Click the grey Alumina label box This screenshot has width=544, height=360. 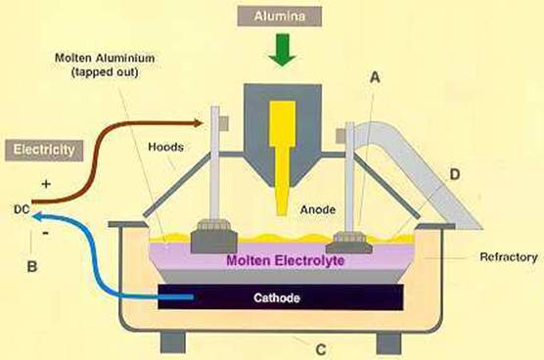click(x=279, y=17)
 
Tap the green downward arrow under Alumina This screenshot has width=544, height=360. click(x=283, y=50)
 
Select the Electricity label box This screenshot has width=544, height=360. click(x=44, y=151)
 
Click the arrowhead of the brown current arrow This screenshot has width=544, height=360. click(x=198, y=123)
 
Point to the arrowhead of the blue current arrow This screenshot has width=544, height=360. click(x=37, y=217)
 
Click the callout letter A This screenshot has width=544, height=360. click(x=375, y=77)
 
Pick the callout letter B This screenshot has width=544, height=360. click(x=32, y=267)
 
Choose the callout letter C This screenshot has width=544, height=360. click(x=321, y=349)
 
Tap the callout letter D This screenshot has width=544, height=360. click(x=455, y=174)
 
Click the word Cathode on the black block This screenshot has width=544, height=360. click(x=277, y=298)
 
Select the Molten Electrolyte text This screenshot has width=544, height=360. click(x=285, y=260)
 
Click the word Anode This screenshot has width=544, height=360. click(x=318, y=209)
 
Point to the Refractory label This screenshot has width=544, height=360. click(x=508, y=257)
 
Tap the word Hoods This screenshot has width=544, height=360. click(x=165, y=147)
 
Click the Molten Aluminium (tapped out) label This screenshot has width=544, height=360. click(x=105, y=65)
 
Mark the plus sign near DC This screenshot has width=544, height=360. click(x=46, y=184)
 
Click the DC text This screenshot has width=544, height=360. click(x=22, y=209)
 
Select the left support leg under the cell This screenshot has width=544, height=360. click(x=173, y=342)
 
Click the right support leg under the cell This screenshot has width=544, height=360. click(x=388, y=343)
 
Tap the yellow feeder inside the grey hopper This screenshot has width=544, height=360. click(x=283, y=157)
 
